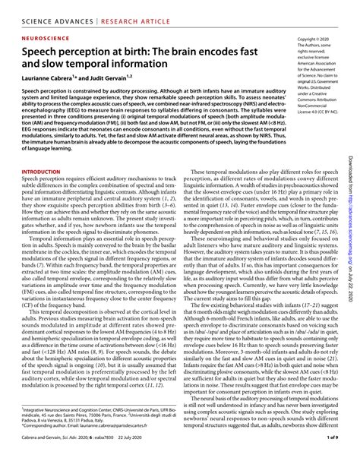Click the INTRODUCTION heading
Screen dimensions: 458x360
(36, 173)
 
